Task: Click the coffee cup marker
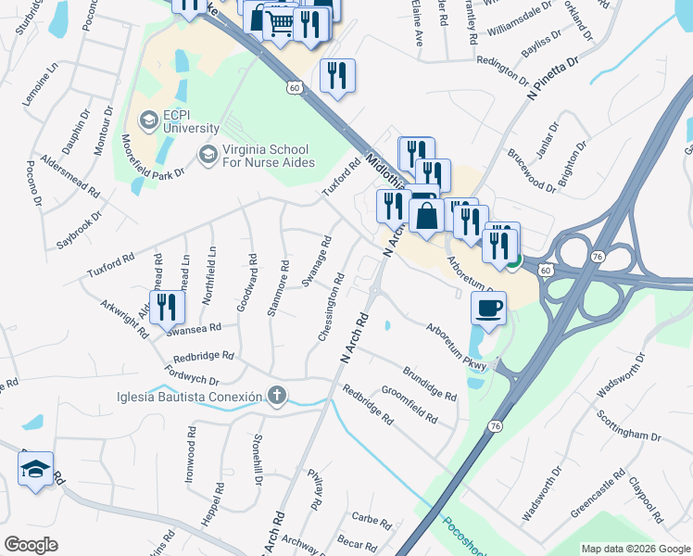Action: point(489,308)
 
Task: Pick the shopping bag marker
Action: point(427,217)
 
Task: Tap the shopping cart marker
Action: point(279,23)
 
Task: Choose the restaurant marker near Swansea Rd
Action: point(166,307)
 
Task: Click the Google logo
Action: point(31,545)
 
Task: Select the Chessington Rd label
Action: point(333,307)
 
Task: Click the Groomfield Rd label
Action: point(409,405)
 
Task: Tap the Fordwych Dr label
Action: point(191,374)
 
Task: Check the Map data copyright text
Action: point(634,549)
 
